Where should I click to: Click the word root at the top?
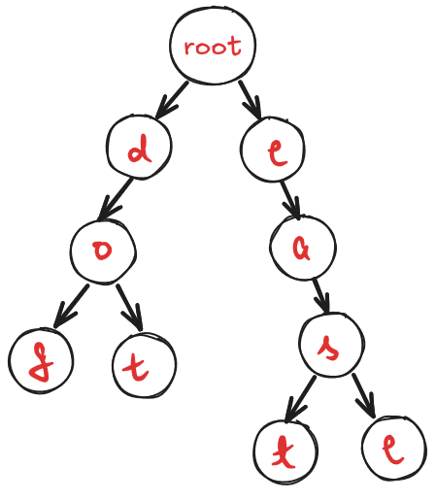[x=212, y=46]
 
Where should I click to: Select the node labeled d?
[x=140, y=150]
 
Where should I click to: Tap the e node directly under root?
[x=273, y=150]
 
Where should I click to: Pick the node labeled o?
[x=102, y=250]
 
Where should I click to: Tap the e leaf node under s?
[x=394, y=448]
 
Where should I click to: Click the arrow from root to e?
[x=250, y=97]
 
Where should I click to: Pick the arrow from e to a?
[x=289, y=200]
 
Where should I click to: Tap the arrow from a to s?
[x=319, y=295]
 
